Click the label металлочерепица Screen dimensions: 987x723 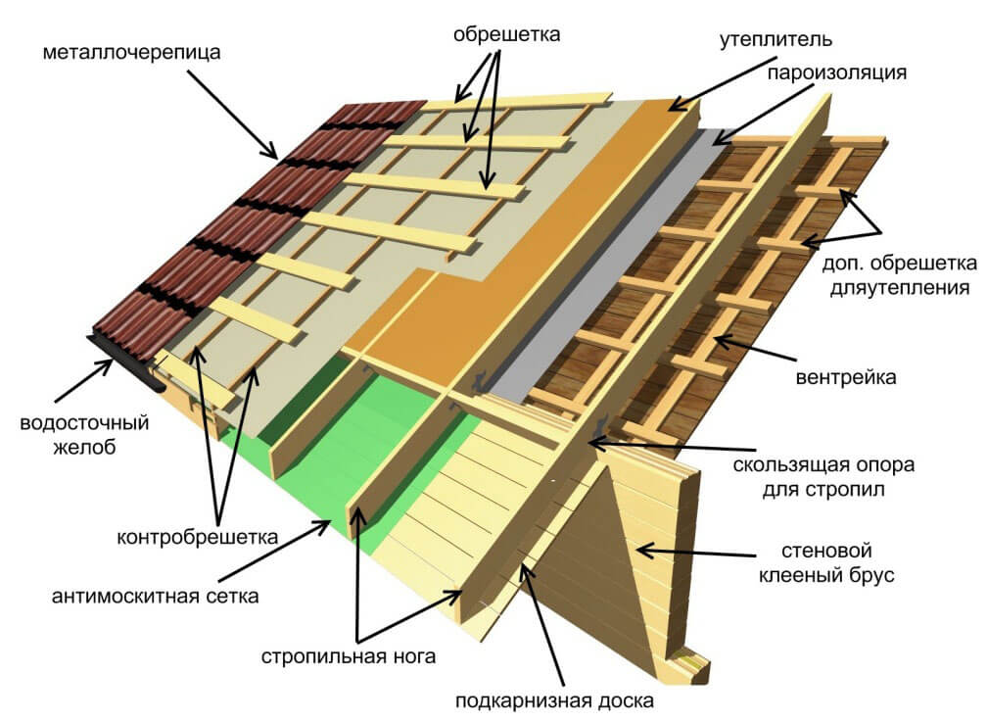[131, 52]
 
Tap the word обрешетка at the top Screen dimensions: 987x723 [506, 33]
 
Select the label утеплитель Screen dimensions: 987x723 [775, 39]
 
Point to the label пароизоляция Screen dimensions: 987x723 [836, 72]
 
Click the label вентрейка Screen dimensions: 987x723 [846, 377]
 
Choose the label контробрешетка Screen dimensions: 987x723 [197, 537]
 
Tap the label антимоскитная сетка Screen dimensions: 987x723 [155, 596]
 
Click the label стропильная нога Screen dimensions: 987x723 [349, 656]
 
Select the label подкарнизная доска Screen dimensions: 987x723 [554, 700]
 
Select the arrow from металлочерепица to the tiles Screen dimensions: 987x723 [232, 114]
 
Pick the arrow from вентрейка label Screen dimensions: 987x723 [755, 349]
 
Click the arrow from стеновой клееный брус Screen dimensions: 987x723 [695, 553]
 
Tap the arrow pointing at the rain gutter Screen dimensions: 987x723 [84, 380]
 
